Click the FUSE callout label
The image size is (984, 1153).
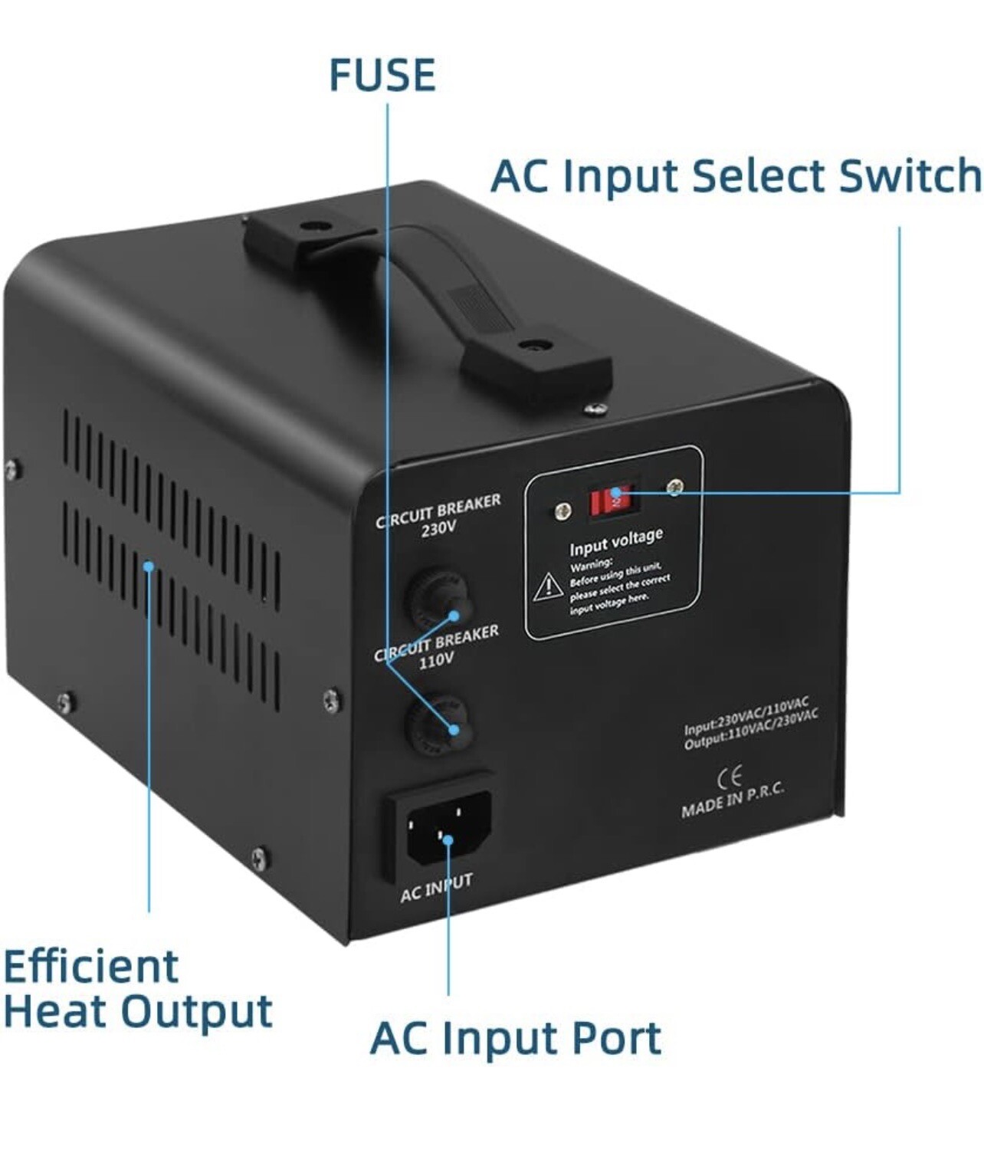382,75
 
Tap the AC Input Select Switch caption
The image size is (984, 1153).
734,176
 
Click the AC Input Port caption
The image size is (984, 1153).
515,1039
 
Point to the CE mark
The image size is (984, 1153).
729,778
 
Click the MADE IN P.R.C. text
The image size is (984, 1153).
733,800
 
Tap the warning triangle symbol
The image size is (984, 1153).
549,587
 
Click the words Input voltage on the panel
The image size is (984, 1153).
615,541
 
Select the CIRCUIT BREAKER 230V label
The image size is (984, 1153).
438,514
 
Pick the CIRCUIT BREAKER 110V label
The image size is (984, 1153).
436,646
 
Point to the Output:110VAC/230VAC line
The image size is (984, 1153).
750,729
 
